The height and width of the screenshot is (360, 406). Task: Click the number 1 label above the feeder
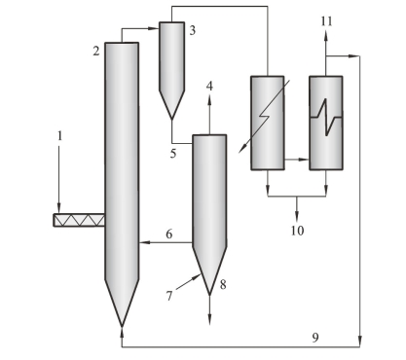59,136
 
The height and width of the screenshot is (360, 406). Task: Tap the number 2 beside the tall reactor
96,51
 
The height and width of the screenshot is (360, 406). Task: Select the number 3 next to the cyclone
193,30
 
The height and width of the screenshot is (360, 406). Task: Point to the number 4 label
209,87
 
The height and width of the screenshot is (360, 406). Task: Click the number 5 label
173,154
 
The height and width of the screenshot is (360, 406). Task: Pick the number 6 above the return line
169,234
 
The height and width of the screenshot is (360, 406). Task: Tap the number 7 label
169,296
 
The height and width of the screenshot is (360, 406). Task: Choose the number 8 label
223,285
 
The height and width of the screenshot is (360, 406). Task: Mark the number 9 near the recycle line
315,338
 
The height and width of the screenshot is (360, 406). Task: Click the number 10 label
297,231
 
